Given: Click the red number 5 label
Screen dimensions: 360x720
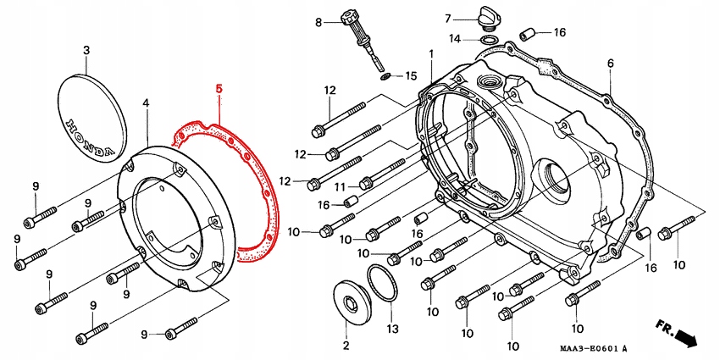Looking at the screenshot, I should click(x=219, y=88).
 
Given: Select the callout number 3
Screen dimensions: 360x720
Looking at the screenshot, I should click(x=86, y=51).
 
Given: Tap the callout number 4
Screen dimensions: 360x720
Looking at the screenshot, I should click(x=146, y=103).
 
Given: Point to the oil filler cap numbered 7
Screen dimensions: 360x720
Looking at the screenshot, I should click(x=490, y=20).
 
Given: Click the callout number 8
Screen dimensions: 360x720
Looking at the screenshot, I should click(x=318, y=23).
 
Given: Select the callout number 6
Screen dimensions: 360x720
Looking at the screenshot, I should click(x=610, y=64).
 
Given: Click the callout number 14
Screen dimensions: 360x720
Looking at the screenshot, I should click(x=455, y=39).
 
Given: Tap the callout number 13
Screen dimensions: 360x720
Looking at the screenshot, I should click(x=391, y=328).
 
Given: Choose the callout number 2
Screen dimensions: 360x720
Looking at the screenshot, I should click(x=346, y=346).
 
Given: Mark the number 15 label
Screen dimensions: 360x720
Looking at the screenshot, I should click(x=411, y=76).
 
